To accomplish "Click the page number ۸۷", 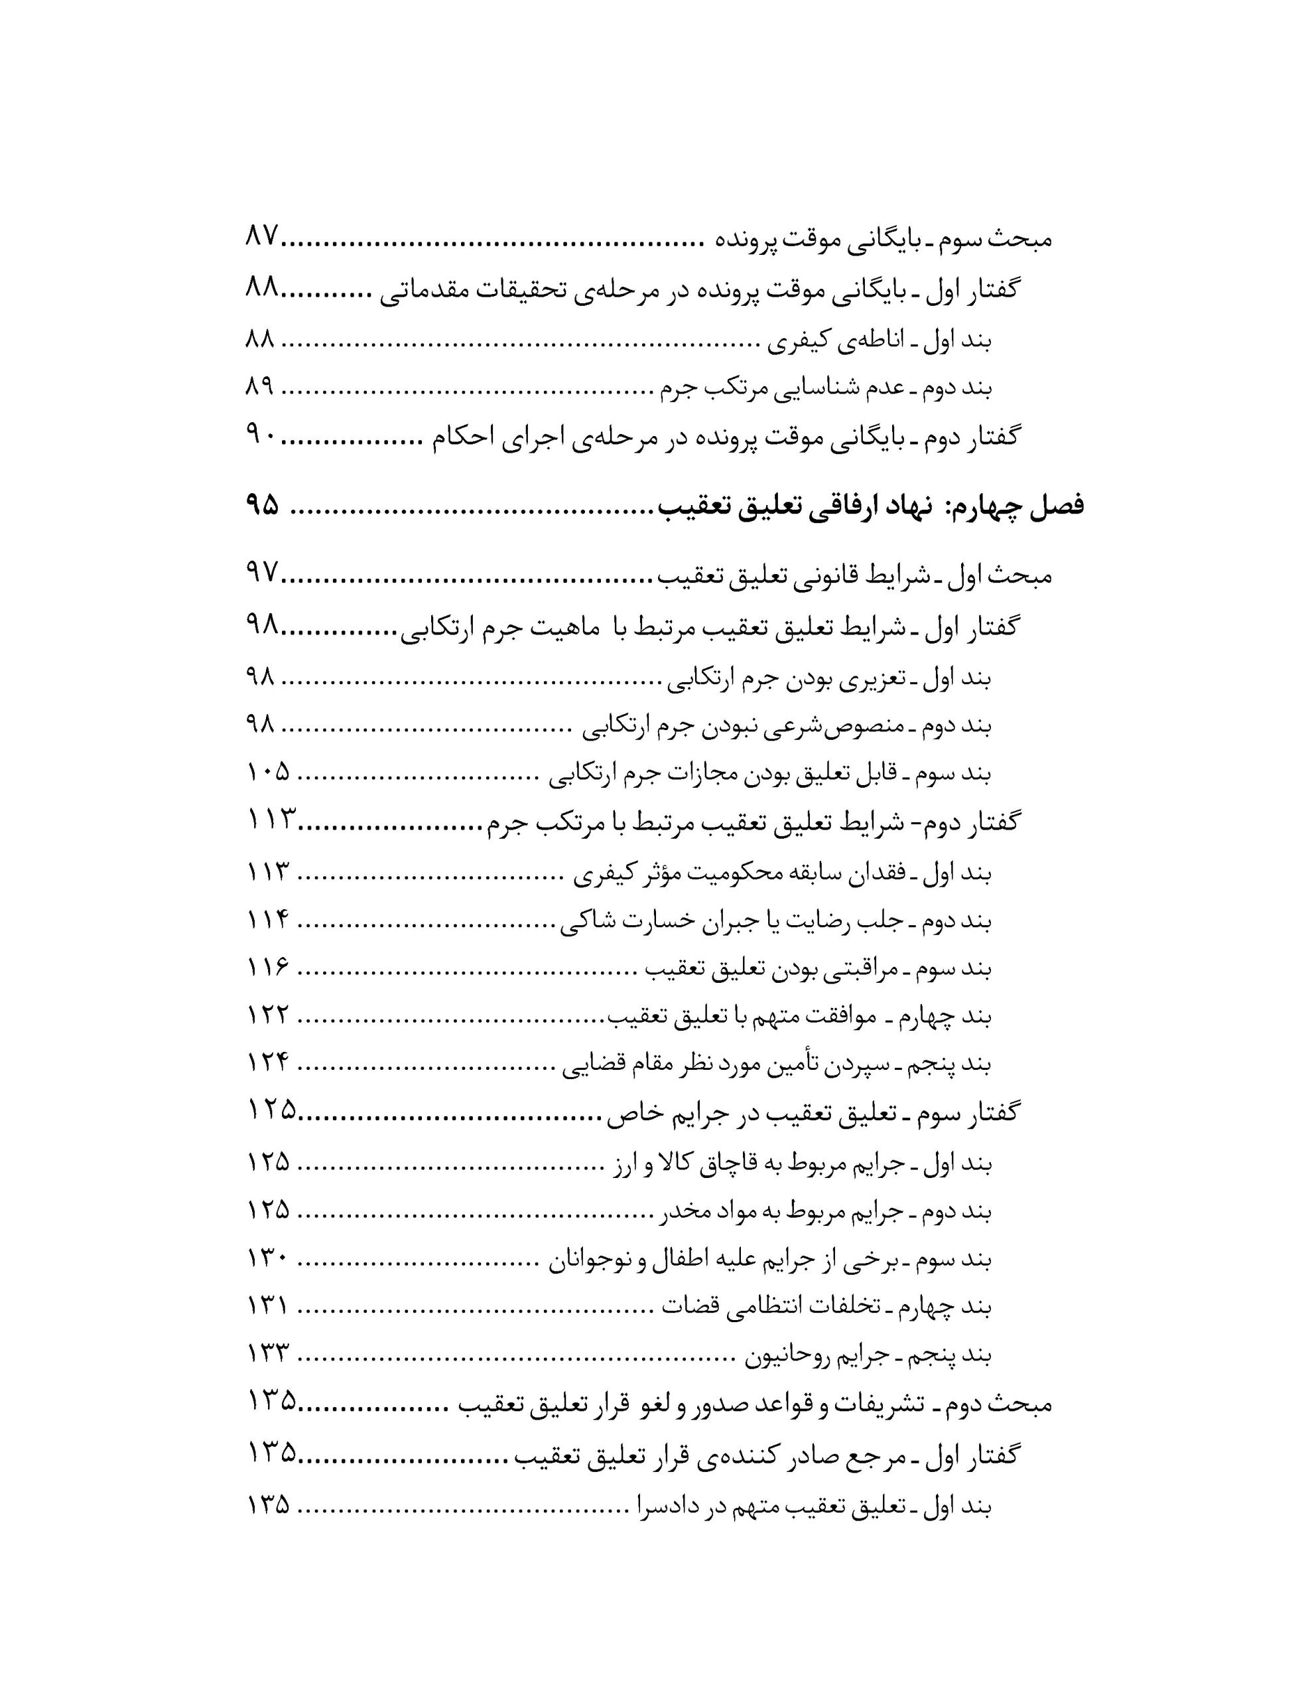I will pos(261,236).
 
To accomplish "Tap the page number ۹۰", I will pos(261,437).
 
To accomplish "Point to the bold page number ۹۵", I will pos(262,506).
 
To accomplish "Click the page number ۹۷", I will pos(262,575).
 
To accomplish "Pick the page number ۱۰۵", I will pos(269,772).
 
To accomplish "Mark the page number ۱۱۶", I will pos(269,968).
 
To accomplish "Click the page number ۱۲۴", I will pos(269,1063).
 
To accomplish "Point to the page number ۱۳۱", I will pos(269,1306).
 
